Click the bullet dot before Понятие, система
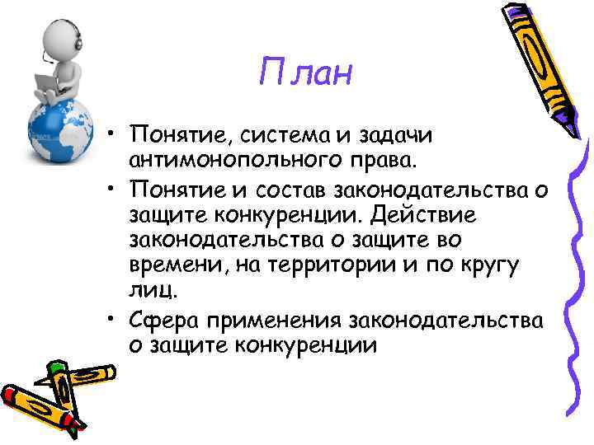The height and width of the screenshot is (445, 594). (x=111, y=134)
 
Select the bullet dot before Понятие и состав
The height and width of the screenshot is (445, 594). (x=111, y=191)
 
